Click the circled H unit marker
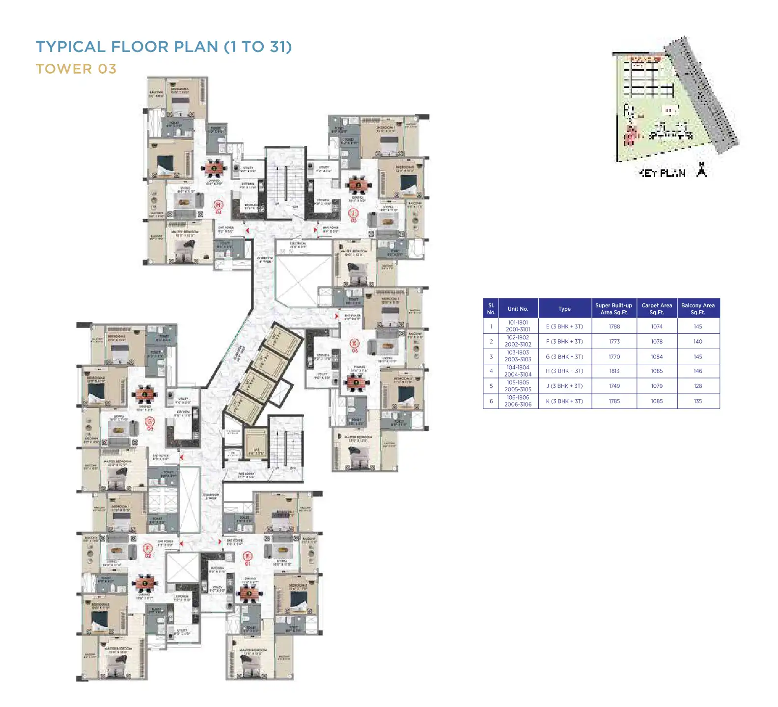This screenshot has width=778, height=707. point(219,204)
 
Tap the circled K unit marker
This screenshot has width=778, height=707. point(355,343)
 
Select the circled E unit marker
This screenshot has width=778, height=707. point(248,556)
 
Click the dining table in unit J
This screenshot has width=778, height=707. point(358,185)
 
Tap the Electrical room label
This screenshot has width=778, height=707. point(298,245)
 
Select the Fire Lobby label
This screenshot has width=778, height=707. point(246,475)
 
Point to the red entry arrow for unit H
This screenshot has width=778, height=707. point(248,230)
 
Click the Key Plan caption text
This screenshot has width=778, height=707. point(663,173)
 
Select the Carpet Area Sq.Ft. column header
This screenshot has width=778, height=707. point(657,308)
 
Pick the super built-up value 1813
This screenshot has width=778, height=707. point(614,371)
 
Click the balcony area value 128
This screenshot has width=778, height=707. point(697,386)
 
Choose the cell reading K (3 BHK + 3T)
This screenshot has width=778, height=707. point(564,401)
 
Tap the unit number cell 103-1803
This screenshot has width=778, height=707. point(518,356)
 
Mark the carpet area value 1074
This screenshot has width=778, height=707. point(657,326)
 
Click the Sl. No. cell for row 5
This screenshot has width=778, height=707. point(491,386)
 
